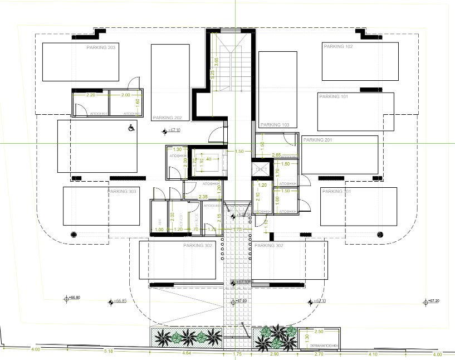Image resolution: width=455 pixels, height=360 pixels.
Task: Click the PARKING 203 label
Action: [x=101, y=48]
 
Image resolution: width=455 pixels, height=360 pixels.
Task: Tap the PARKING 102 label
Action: [x=337, y=47]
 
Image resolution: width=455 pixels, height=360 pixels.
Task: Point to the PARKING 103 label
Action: [x=275, y=125]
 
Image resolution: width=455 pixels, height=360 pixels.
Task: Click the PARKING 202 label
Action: [x=167, y=118]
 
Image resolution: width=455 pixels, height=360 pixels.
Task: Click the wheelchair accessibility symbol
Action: [x=131, y=128]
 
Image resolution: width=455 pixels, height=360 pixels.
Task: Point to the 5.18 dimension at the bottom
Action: [x=108, y=351]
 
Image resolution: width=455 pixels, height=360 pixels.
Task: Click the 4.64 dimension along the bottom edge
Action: [x=187, y=353]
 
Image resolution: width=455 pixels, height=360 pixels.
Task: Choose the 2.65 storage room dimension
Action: [x=276, y=155]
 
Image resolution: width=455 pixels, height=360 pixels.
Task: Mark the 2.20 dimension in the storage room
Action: [x=90, y=95]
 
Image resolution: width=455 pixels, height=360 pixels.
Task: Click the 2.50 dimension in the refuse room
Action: [x=319, y=332]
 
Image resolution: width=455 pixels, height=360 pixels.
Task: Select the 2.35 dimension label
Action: [x=203, y=197]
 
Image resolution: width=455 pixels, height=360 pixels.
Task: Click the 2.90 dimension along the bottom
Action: [x=274, y=354]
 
